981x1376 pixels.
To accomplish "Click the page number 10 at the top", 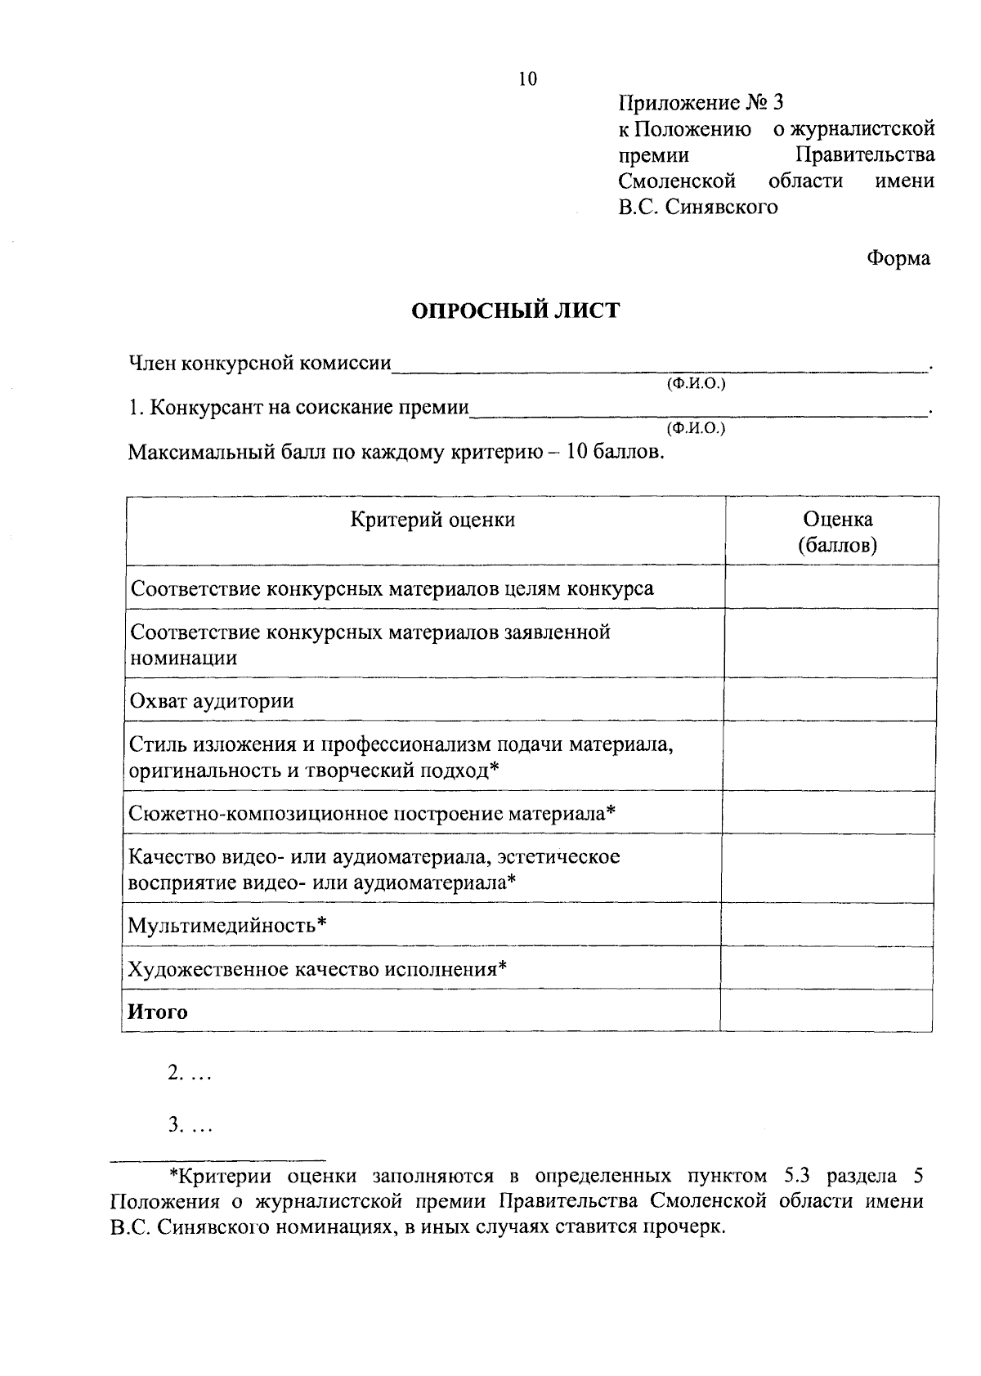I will tap(527, 78).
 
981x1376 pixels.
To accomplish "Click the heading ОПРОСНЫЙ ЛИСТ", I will tap(515, 311).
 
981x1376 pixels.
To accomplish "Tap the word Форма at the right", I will tap(898, 259).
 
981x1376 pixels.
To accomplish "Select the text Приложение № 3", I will tap(701, 103).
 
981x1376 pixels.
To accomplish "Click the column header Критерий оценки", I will tap(432, 520).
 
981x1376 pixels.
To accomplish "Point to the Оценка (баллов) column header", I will tap(837, 532).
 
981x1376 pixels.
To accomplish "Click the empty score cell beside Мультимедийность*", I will tap(827, 925).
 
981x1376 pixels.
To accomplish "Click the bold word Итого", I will tap(158, 1012).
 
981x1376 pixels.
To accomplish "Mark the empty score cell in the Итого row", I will tap(826, 1012).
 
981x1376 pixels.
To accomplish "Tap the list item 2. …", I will tap(190, 1074).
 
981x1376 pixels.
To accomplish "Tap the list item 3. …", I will tap(190, 1127).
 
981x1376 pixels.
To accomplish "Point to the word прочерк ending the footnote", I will tap(690, 1228).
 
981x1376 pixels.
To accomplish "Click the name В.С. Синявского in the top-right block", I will tap(697, 208).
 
